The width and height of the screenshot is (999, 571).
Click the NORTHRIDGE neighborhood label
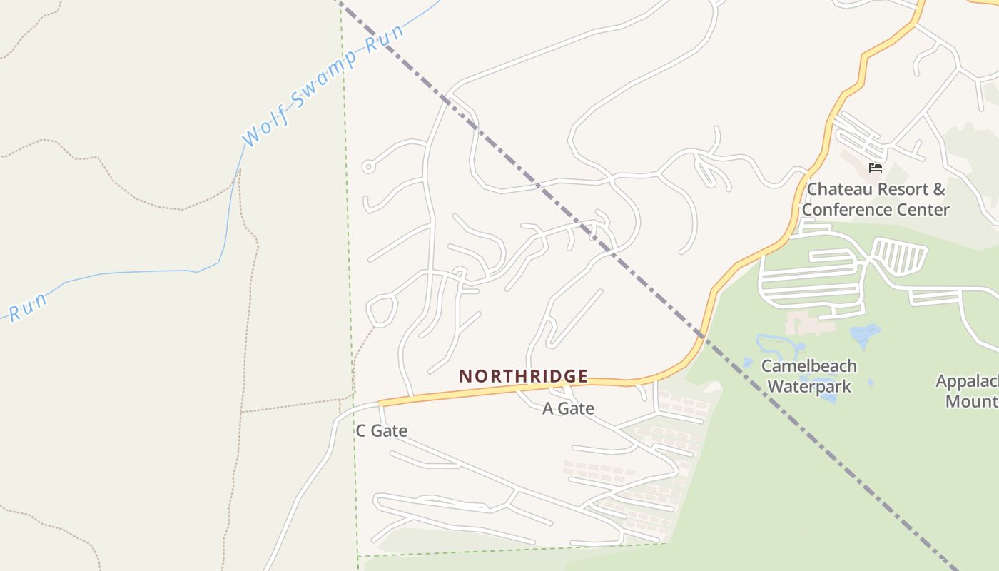(x=523, y=376)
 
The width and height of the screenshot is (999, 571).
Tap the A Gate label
(x=568, y=408)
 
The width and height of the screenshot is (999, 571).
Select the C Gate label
(x=381, y=430)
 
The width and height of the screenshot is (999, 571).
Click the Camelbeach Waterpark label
(x=809, y=376)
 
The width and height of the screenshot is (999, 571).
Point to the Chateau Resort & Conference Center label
(x=876, y=199)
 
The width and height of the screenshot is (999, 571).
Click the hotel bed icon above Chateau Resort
(x=876, y=168)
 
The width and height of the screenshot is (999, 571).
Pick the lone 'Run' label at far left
(x=28, y=306)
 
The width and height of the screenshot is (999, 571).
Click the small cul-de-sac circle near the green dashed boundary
(x=368, y=167)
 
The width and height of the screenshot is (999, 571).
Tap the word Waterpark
(x=809, y=387)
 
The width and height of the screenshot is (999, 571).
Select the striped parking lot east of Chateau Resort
(x=899, y=255)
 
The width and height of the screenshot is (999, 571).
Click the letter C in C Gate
(x=361, y=430)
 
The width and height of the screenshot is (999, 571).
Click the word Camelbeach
(x=809, y=365)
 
